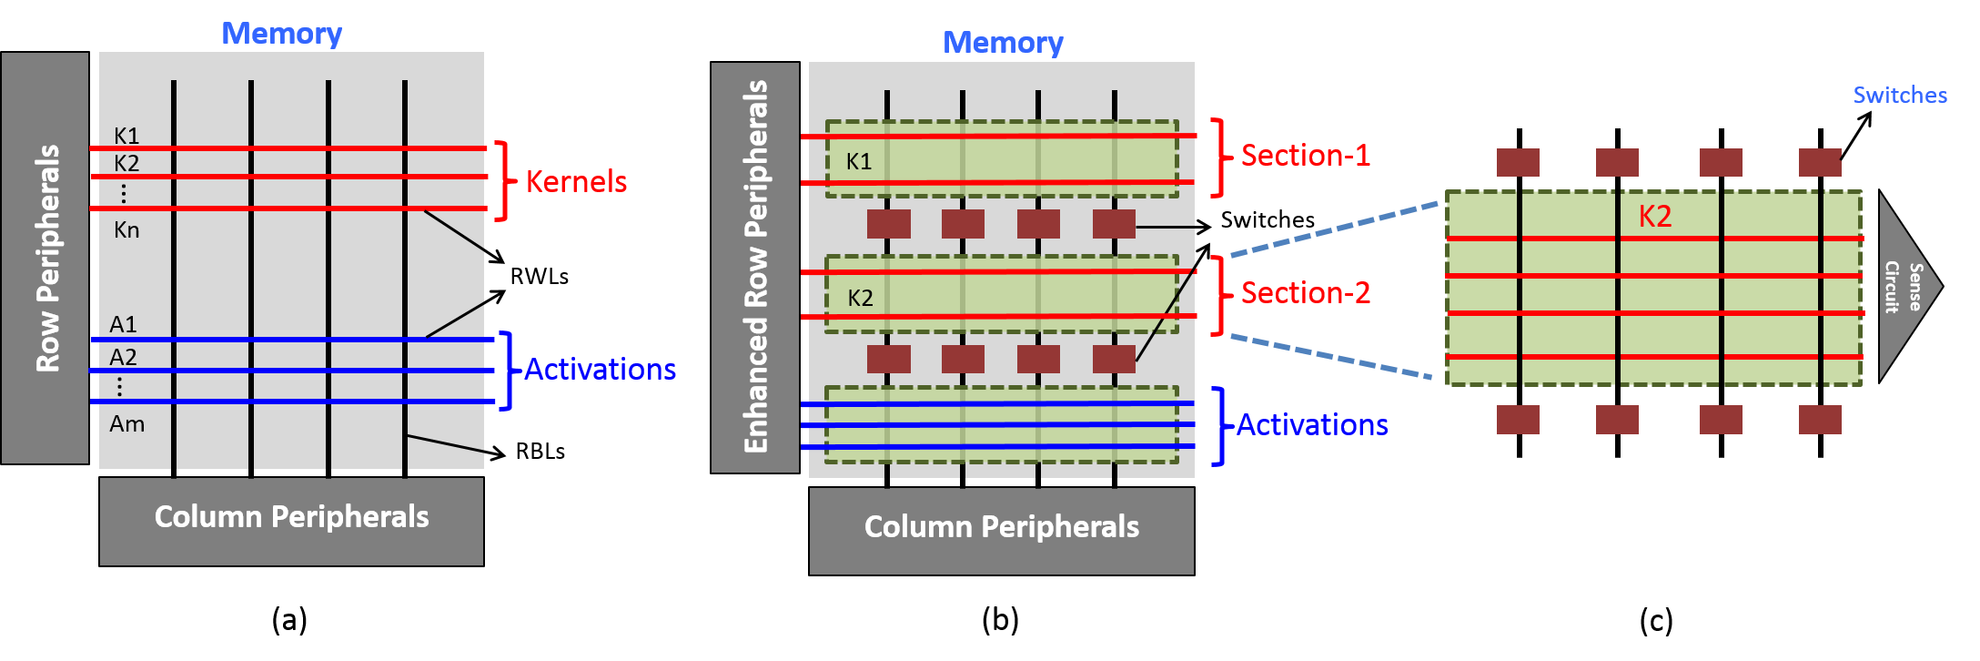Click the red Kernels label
pyautogui.click(x=576, y=182)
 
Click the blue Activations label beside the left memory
pyautogui.click(x=600, y=370)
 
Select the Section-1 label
pyautogui.click(x=1305, y=156)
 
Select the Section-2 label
pyautogui.click(x=1305, y=293)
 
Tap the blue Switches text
pyautogui.click(x=1900, y=96)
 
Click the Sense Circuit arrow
pyautogui.click(x=1904, y=287)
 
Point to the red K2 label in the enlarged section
pyautogui.click(x=1654, y=217)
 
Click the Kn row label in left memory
pyautogui.click(x=126, y=230)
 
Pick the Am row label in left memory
pyautogui.click(x=126, y=424)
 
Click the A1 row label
pyautogui.click(x=123, y=324)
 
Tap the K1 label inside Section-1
pyautogui.click(x=858, y=162)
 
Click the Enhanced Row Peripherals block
pyautogui.click(x=755, y=267)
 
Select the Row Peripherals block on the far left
pyautogui.click(x=45, y=258)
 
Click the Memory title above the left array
pyautogui.click(x=281, y=34)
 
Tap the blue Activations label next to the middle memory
pyautogui.click(x=1311, y=425)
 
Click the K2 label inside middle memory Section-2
pyautogui.click(x=860, y=299)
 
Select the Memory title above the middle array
pyautogui.click(x=1002, y=43)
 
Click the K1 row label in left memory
pyautogui.click(x=126, y=136)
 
